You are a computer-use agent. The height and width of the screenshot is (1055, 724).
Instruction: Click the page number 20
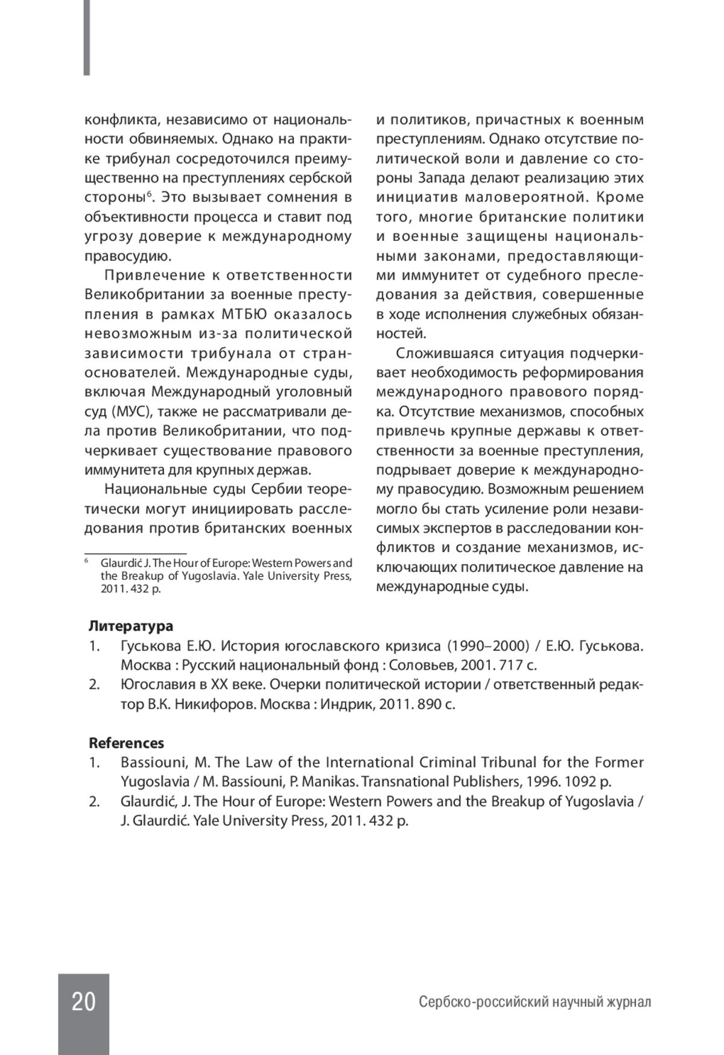(83, 1002)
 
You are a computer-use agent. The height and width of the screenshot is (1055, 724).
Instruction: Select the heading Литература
(130, 626)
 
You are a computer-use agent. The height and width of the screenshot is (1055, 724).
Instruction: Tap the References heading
(126, 743)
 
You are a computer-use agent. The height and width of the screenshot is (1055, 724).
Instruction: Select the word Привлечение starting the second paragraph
(155, 275)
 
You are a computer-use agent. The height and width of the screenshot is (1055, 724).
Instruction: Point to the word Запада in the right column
(442, 178)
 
